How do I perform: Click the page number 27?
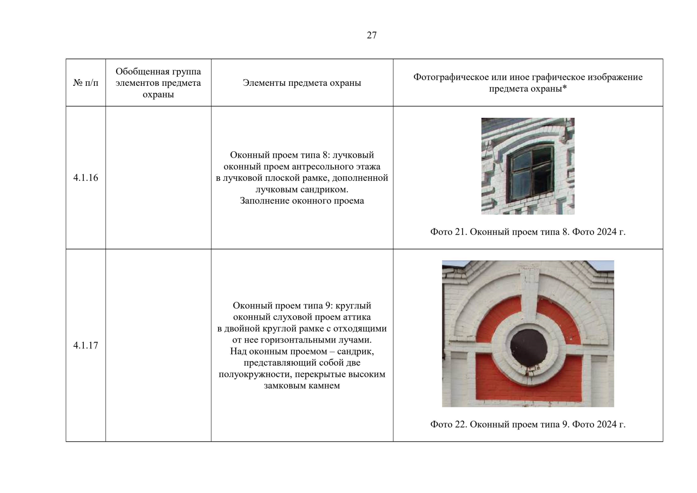click(372, 35)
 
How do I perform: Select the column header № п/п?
click(85, 83)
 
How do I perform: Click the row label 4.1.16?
click(85, 178)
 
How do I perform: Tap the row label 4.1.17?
click(85, 345)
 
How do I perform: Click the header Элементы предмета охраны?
click(302, 83)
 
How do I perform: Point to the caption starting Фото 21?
click(528, 232)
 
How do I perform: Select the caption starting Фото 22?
click(528, 424)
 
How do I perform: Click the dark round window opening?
click(528, 348)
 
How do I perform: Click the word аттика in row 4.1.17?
click(357, 317)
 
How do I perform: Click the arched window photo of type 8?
click(528, 166)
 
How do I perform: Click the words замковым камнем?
click(302, 386)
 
